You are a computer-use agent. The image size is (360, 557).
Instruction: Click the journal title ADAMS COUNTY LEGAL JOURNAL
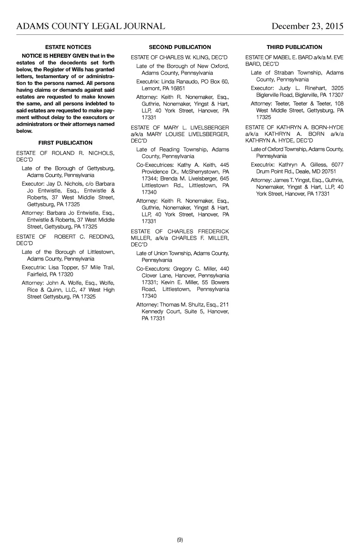(91, 26)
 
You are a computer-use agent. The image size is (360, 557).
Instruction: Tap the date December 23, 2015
(307, 26)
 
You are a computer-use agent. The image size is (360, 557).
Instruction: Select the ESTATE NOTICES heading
(68, 47)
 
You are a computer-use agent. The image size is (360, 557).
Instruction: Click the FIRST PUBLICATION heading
(65, 143)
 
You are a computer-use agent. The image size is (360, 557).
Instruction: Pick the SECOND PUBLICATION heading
(180, 47)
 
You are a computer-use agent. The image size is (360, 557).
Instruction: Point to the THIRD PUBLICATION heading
(294, 47)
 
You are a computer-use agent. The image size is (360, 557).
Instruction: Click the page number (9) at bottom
(180, 540)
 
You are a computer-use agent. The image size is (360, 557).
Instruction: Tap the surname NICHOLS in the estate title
(101, 153)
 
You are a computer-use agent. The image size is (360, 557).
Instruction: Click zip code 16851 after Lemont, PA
(178, 88)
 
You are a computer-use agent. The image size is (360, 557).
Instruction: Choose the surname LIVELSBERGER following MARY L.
(210, 128)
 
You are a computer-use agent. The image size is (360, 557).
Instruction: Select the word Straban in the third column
(284, 73)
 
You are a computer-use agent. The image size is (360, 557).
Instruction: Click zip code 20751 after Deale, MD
(326, 172)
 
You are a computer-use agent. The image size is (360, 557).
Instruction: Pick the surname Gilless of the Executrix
(318, 165)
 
